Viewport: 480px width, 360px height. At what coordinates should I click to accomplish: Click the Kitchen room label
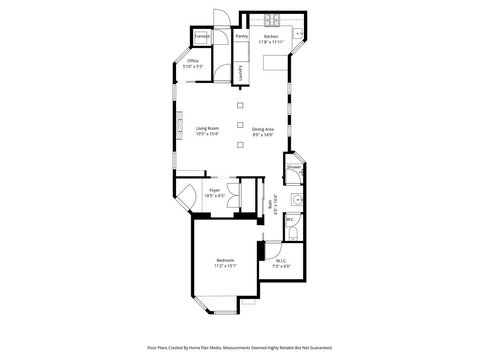(271, 36)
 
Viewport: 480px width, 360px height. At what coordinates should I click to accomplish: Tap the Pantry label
(242, 36)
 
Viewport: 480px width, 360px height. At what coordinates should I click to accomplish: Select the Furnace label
(201, 36)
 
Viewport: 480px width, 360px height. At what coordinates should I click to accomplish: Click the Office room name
(193, 60)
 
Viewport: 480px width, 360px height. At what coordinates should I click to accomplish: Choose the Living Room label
(208, 128)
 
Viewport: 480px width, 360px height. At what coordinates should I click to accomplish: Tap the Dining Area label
(264, 128)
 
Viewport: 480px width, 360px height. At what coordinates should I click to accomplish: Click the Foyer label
(214, 189)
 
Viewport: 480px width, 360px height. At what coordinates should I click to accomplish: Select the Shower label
(294, 167)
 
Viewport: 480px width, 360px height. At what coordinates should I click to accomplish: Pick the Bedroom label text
(225, 260)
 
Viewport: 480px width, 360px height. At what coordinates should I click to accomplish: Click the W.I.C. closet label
(281, 260)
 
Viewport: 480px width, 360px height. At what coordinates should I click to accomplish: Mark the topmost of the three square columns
(240, 104)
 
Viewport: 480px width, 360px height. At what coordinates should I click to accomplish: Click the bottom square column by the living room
(240, 146)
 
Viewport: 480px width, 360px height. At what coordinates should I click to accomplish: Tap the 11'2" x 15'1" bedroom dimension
(225, 266)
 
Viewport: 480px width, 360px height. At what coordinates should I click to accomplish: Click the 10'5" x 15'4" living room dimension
(208, 134)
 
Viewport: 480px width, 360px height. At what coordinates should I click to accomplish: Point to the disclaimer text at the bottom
(240, 349)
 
